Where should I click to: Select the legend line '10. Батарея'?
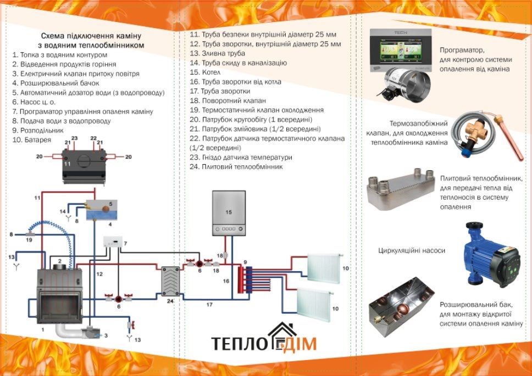(x=31, y=140)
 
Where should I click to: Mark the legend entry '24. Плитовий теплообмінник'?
(x=236, y=166)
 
